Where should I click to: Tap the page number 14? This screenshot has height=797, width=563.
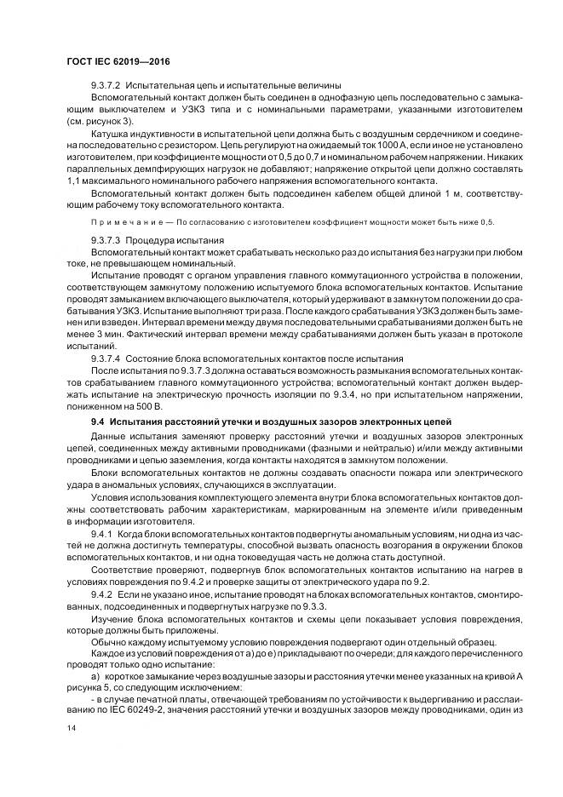pyautogui.click(x=71, y=730)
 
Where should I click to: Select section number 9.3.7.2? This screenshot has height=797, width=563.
pyautogui.click(x=106, y=85)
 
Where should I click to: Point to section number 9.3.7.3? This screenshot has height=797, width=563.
pyautogui.click(x=106, y=241)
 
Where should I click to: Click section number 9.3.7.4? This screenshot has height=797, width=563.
pyautogui.click(x=106, y=359)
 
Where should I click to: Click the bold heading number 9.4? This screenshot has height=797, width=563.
pyautogui.click(x=96, y=423)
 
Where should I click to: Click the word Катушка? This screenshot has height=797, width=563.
pyautogui.click(x=110, y=134)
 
